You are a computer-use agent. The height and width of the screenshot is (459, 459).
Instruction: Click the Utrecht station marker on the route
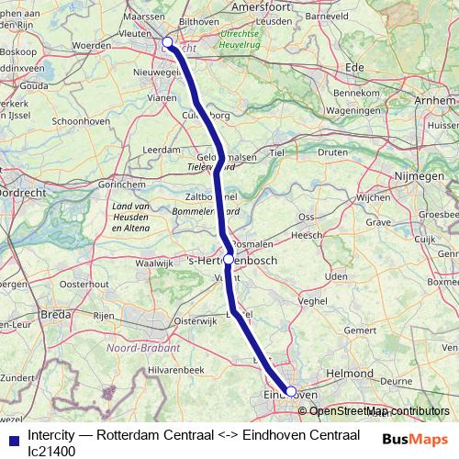[x=168, y=41]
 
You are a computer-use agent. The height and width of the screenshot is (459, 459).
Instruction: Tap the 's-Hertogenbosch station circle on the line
[x=229, y=260]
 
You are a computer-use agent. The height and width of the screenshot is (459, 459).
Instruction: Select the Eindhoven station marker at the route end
[x=291, y=391]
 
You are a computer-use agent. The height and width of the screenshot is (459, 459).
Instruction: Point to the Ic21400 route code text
[x=51, y=451]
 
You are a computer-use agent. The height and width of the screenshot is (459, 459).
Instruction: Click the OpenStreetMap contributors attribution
[x=379, y=412]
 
